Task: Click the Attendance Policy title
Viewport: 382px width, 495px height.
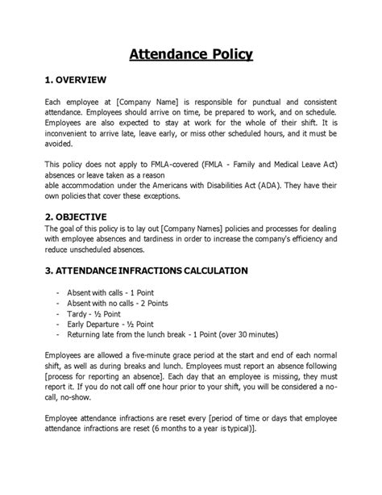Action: click(x=191, y=55)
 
